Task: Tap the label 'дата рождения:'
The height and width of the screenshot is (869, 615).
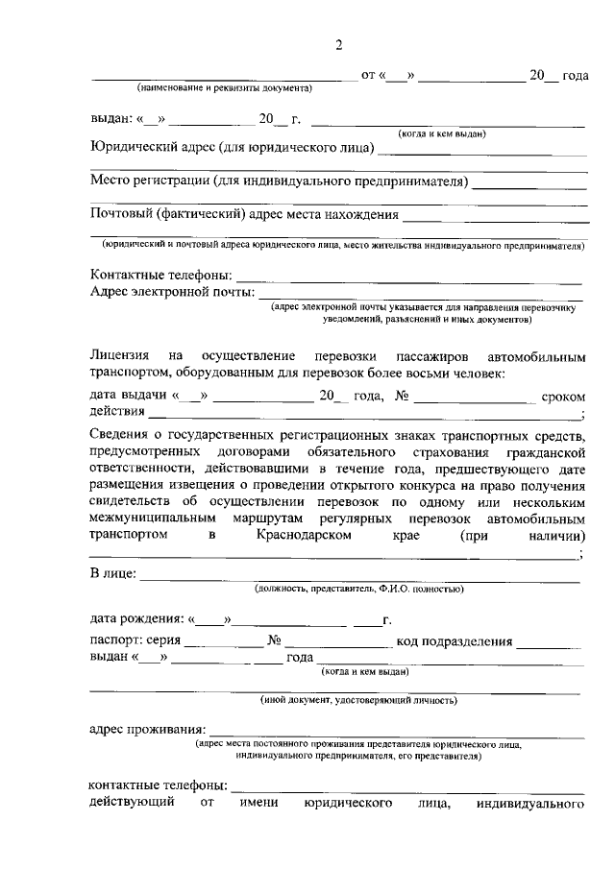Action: click(x=136, y=619)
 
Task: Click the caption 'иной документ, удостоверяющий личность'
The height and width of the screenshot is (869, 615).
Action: click(x=359, y=700)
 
